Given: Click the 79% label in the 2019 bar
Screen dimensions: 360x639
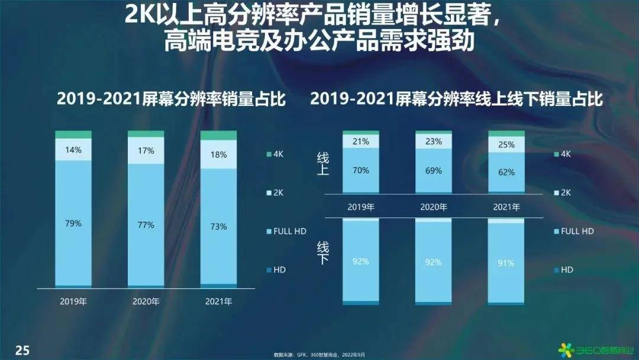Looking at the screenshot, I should click(73, 224).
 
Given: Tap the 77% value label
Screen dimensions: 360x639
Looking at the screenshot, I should click(146, 225).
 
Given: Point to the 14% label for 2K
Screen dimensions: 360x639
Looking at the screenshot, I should click(73, 150).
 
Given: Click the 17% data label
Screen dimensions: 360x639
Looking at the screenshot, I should click(146, 151).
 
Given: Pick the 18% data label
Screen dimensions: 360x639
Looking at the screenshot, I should click(219, 155).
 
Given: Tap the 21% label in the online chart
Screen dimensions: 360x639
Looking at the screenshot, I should click(361, 142).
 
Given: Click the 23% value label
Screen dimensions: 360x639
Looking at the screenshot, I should click(434, 142).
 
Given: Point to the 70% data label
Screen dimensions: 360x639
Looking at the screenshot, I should click(361, 171).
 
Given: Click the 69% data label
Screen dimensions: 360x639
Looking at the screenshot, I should click(434, 171).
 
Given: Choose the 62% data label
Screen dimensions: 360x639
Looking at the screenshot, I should click(506, 173).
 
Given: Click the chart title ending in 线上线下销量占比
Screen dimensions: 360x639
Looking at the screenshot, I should click(456, 99).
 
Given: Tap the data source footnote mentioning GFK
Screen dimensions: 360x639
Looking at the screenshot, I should click(319, 355).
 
